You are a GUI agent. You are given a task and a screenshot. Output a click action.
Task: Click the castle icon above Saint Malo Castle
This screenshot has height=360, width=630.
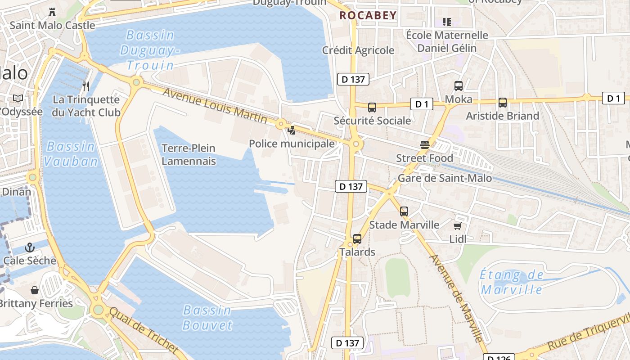coord(53,12)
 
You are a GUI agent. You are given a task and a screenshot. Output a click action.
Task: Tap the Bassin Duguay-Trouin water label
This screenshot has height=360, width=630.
coord(148,50)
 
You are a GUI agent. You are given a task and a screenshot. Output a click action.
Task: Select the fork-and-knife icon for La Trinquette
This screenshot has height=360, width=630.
coord(86,86)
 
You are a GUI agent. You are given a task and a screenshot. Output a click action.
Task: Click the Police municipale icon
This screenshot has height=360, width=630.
coord(292,130)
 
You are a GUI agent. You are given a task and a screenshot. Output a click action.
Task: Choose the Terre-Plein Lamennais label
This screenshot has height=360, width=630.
coord(189,154)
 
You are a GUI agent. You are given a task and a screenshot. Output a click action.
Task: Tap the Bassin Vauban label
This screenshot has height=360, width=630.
coord(71,154)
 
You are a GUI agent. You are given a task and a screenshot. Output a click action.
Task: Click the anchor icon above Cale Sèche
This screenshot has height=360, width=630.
coord(29,247)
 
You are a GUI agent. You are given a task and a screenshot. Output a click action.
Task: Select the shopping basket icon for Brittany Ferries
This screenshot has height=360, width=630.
coord(35,290)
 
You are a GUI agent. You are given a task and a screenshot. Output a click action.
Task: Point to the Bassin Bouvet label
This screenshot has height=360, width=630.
coord(207,318)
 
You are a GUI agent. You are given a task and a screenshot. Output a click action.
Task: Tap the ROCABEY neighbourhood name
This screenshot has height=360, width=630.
coord(368,15)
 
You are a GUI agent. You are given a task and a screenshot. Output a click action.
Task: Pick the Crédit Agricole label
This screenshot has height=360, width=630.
coord(358,50)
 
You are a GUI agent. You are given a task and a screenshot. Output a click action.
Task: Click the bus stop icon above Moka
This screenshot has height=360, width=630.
coord(459,85)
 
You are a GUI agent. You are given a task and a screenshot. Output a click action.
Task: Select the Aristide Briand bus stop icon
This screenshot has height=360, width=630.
coord(503,103)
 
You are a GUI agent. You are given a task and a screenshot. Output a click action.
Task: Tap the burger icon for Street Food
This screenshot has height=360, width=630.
coord(424,144)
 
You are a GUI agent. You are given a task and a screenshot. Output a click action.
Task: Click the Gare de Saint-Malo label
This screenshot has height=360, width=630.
coord(445,178)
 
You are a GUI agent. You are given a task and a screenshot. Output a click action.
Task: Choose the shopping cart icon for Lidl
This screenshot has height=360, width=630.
coord(458,226)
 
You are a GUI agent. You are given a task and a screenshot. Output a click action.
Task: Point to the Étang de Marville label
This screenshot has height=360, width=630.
coord(512,282)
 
